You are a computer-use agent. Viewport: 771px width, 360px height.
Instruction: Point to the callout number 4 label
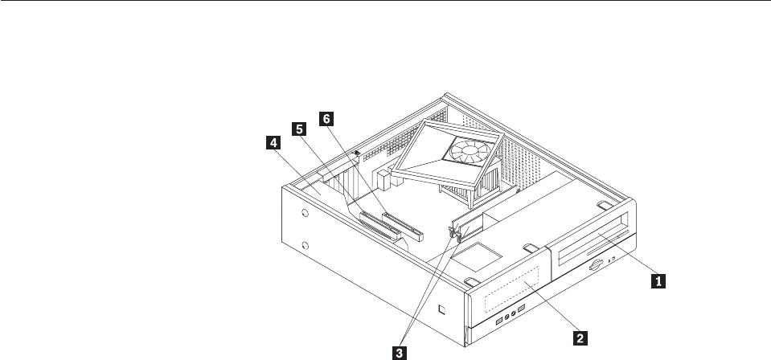[x=274, y=142]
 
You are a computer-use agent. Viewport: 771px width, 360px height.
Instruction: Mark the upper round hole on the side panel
[x=306, y=215]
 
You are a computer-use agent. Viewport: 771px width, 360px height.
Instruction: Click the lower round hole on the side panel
[x=306, y=246]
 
